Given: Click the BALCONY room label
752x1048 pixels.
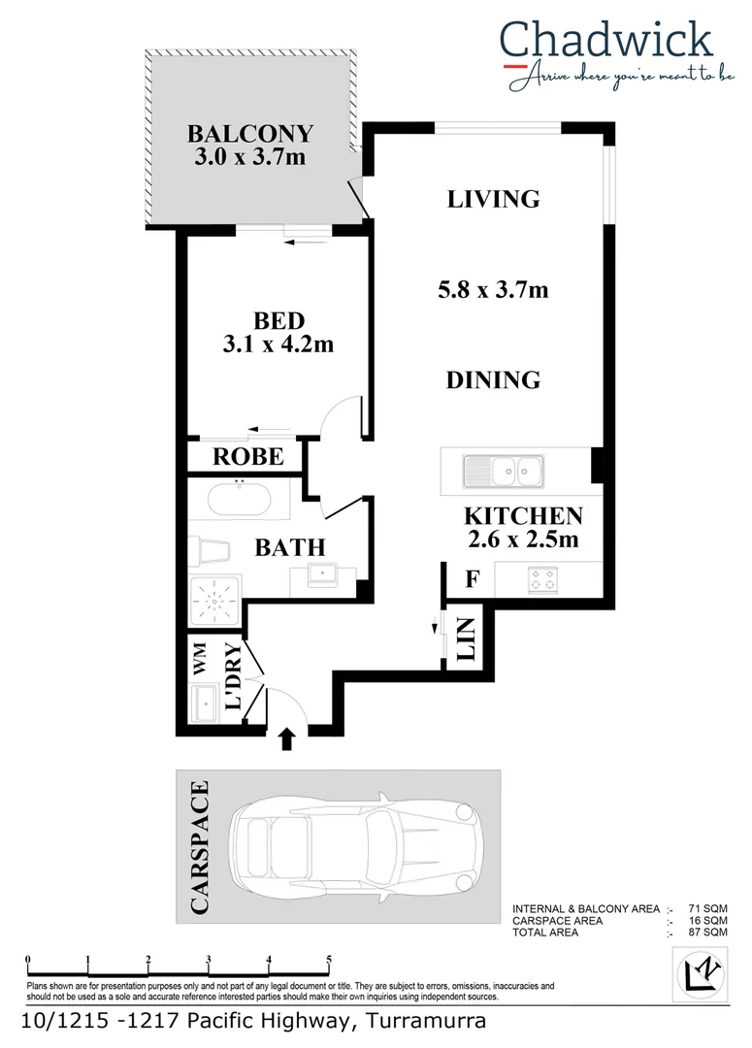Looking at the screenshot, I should (x=250, y=133).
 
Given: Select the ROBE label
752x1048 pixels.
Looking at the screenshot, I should (x=248, y=456).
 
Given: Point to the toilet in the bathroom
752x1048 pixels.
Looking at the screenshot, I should (x=207, y=552).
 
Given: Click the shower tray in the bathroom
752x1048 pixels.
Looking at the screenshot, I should (x=214, y=602).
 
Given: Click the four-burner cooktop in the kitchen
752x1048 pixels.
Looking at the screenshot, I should (x=541, y=581).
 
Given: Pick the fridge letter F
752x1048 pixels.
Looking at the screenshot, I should (x=473, y=580).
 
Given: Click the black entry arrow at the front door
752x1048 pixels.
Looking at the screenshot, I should (x=287, y=740).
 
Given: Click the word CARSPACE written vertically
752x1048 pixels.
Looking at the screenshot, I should (x=200, y=846).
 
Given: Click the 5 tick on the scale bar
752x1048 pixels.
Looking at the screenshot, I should (x=329, y=962).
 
